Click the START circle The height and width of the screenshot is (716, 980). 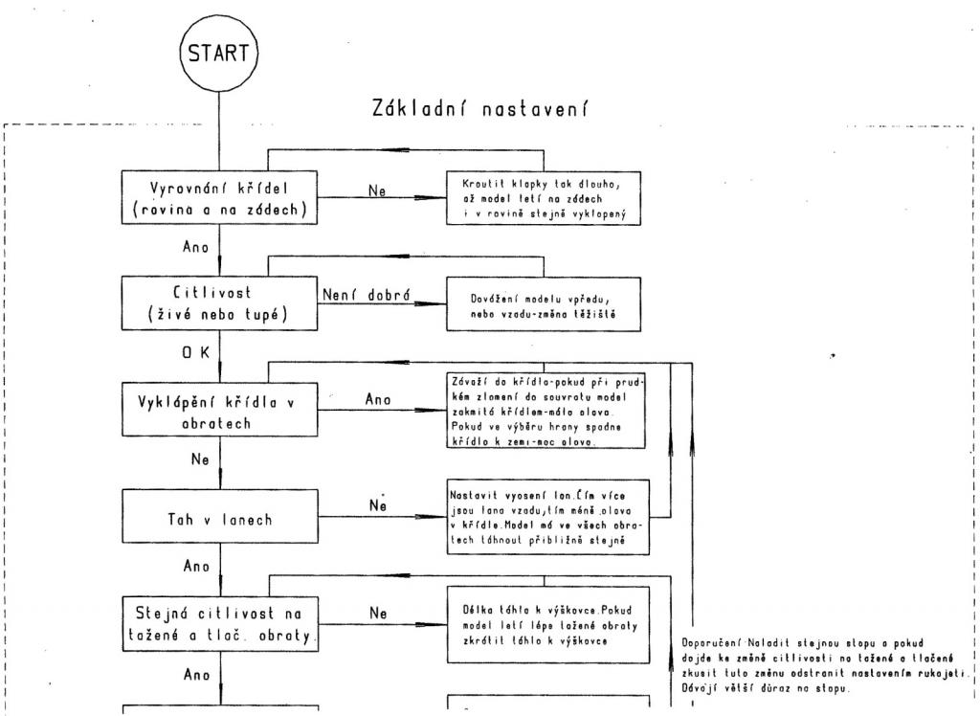(x=219, y=53)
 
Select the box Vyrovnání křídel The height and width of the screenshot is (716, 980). (x=220, y=198)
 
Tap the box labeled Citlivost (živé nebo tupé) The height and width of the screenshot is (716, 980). (x=220, y=302)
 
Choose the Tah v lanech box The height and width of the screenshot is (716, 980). (x=220, y=519)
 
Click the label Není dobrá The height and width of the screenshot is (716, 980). (x=366, y=295)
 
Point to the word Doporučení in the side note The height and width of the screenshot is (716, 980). (x=712, y=643)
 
